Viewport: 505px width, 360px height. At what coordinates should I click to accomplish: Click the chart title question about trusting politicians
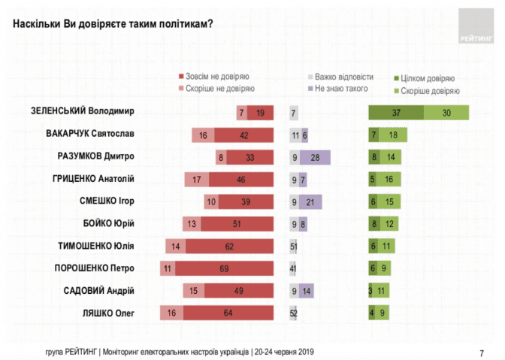(113, 23)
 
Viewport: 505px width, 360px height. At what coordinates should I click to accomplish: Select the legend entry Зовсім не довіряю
(213, 77)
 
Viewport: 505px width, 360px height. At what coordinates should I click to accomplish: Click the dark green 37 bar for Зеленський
(395, 113)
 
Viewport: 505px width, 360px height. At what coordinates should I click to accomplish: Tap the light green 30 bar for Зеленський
(446, 113)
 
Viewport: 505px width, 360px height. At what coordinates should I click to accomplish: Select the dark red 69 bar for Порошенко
(223, 268)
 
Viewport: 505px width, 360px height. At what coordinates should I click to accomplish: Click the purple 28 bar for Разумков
(315, 158)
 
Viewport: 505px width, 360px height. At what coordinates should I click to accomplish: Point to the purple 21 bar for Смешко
(310, 201)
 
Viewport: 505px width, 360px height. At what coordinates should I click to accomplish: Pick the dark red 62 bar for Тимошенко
(229, 246)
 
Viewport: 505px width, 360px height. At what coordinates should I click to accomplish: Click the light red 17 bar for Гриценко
(197, 180)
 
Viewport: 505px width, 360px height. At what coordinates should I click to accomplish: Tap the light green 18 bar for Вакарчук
(393, 135)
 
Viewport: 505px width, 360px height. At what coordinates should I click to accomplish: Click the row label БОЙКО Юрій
(108, 223)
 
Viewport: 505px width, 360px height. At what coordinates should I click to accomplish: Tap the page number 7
(481, 352)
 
